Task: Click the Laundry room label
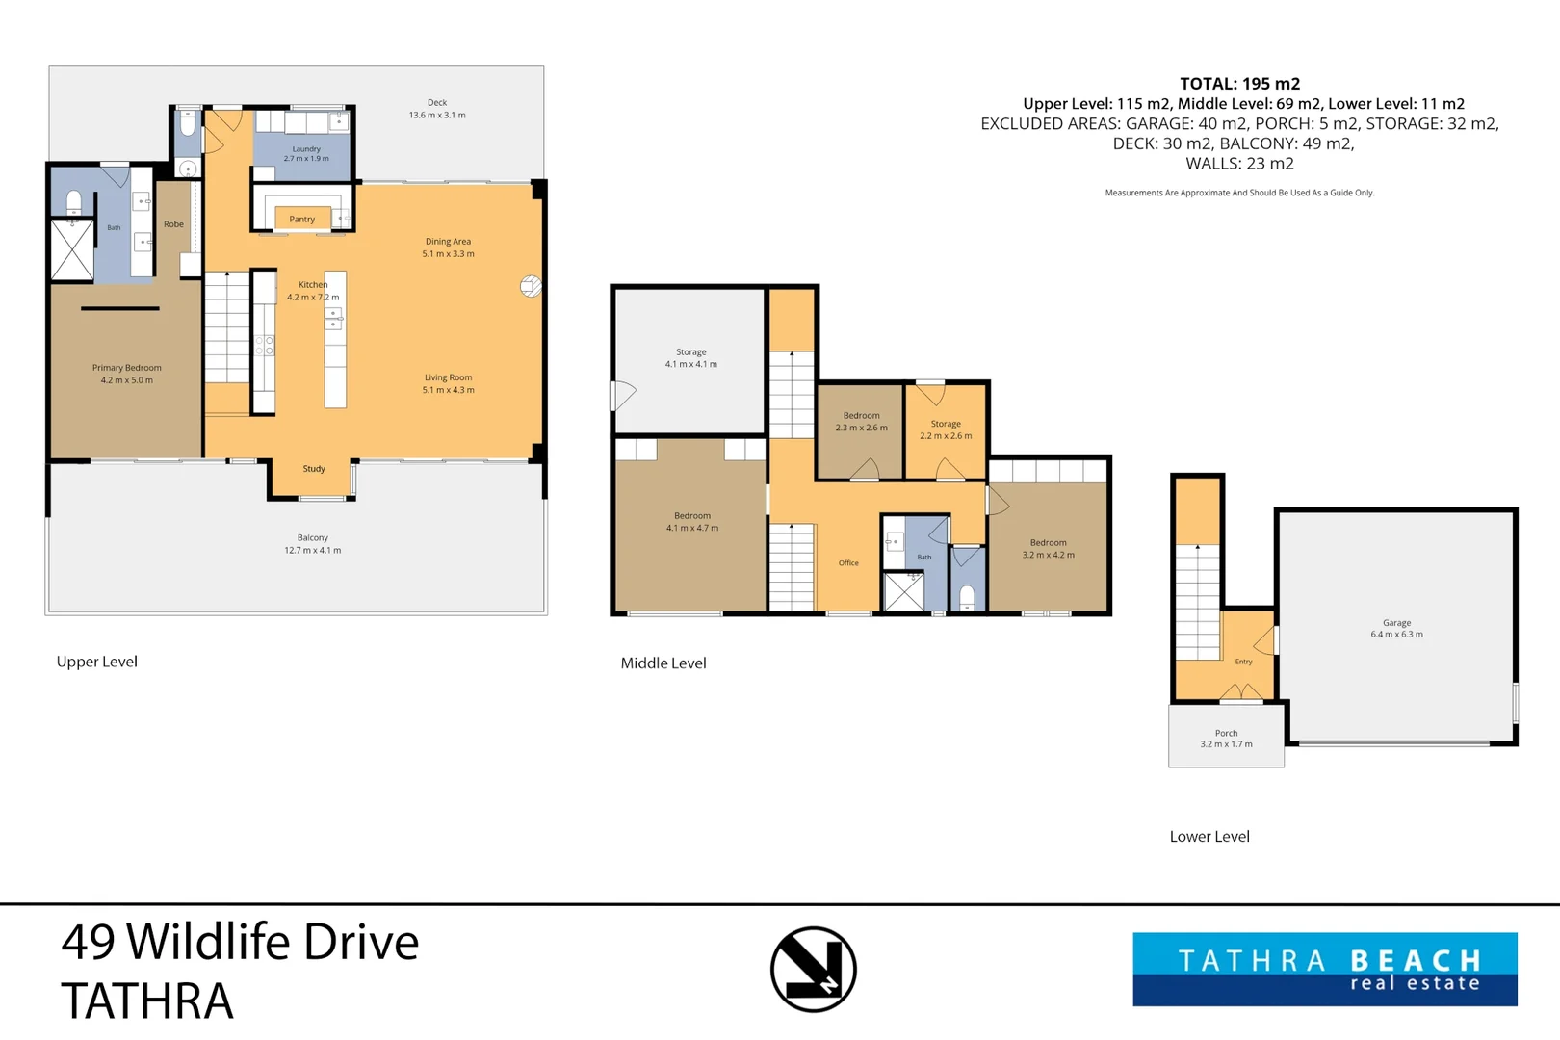click(306, 148)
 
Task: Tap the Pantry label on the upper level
click(301, 219)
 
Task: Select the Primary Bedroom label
click(127, 368)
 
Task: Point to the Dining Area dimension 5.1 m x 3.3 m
click(448, 253)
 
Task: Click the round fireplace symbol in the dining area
click(531, 286)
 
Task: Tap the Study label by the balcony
click(314, 469)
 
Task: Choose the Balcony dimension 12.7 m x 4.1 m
click(313, 550)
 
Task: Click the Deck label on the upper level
click(437, 102)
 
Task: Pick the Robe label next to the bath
click(173, 224)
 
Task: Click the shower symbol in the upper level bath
click(71, 249)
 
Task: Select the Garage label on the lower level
click(1397, 623)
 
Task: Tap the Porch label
click(1227, 733)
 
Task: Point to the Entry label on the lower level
click(1244, 662)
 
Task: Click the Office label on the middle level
click(848, 562)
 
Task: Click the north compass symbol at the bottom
click(814, 969)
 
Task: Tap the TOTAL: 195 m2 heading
click(1239, 84)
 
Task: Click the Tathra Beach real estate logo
click(1325, 969)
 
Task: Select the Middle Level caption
click(663, 663)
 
